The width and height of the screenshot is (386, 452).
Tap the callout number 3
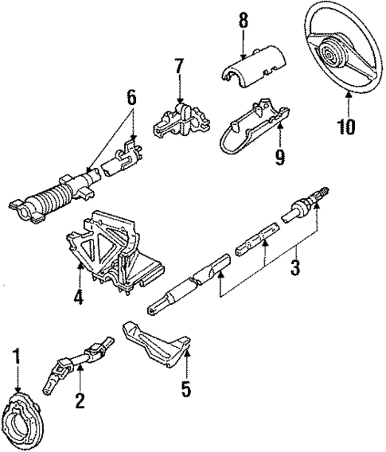coord(295,268)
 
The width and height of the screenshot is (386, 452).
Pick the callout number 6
coord(130,98)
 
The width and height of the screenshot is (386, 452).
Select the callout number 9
coord(279,158)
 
